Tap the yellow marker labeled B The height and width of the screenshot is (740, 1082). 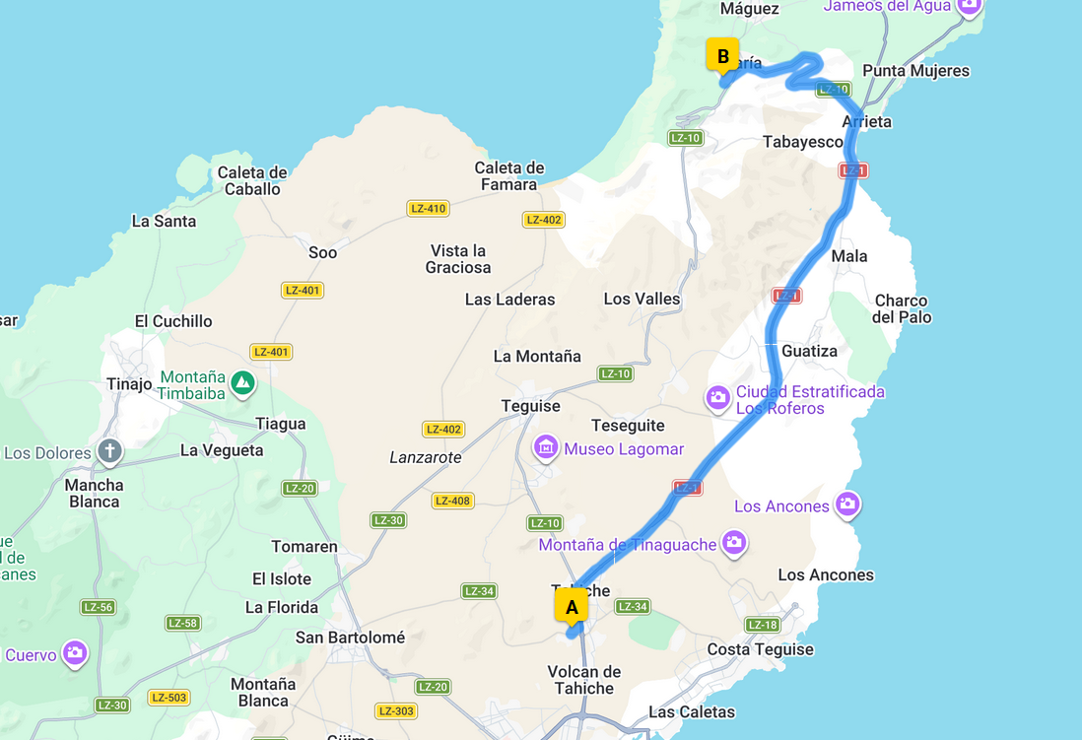(x=722, y=56)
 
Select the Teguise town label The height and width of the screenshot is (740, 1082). (x=530, y=406)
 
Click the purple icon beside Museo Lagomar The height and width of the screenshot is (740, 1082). (x=546, y=448)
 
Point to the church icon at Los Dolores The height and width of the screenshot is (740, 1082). (x=108, y=452)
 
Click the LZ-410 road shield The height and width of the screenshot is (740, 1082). (x=429, y=208)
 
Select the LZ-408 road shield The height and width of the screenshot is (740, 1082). (x=452, y=501)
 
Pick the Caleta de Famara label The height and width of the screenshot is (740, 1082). (x=509, y=176)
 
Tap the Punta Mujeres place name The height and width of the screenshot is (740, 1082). (x=915, y=71)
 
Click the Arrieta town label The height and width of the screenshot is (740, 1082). (x=867, y=122)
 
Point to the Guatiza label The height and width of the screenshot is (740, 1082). (x=809, y=351)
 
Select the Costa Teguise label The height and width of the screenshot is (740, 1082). (x=761, y=649)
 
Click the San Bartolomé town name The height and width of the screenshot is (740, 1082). (x=350, y=638)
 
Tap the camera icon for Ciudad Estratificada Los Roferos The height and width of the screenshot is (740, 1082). (x=718, y=398)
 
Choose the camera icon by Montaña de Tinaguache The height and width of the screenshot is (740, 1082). (x=733, y=542)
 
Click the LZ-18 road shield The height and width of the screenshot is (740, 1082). (x=763, y=625)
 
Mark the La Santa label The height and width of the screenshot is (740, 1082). (x=164, y=221)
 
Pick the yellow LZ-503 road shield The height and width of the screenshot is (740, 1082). (x=169, y=698)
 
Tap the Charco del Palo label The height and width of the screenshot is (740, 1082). (x=901, y=308)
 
